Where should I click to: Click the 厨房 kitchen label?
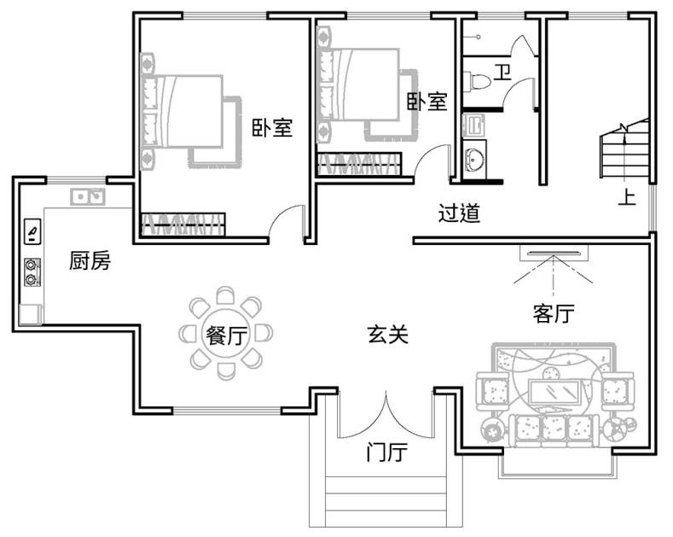(90, 262)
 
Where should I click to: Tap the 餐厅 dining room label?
(225, 336)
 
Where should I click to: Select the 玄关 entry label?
(388, 335)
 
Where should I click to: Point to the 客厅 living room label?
(553, 314)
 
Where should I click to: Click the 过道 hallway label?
(459, 213)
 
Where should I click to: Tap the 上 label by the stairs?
(627, 197)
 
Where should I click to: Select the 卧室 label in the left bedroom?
(272, 128)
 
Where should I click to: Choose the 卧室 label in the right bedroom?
(426, 102)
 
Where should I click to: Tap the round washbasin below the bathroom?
(474, 159)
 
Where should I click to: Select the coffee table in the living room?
(556, 391)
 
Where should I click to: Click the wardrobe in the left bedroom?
(183, 223)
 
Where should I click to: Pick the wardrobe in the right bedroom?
(358, 164)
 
